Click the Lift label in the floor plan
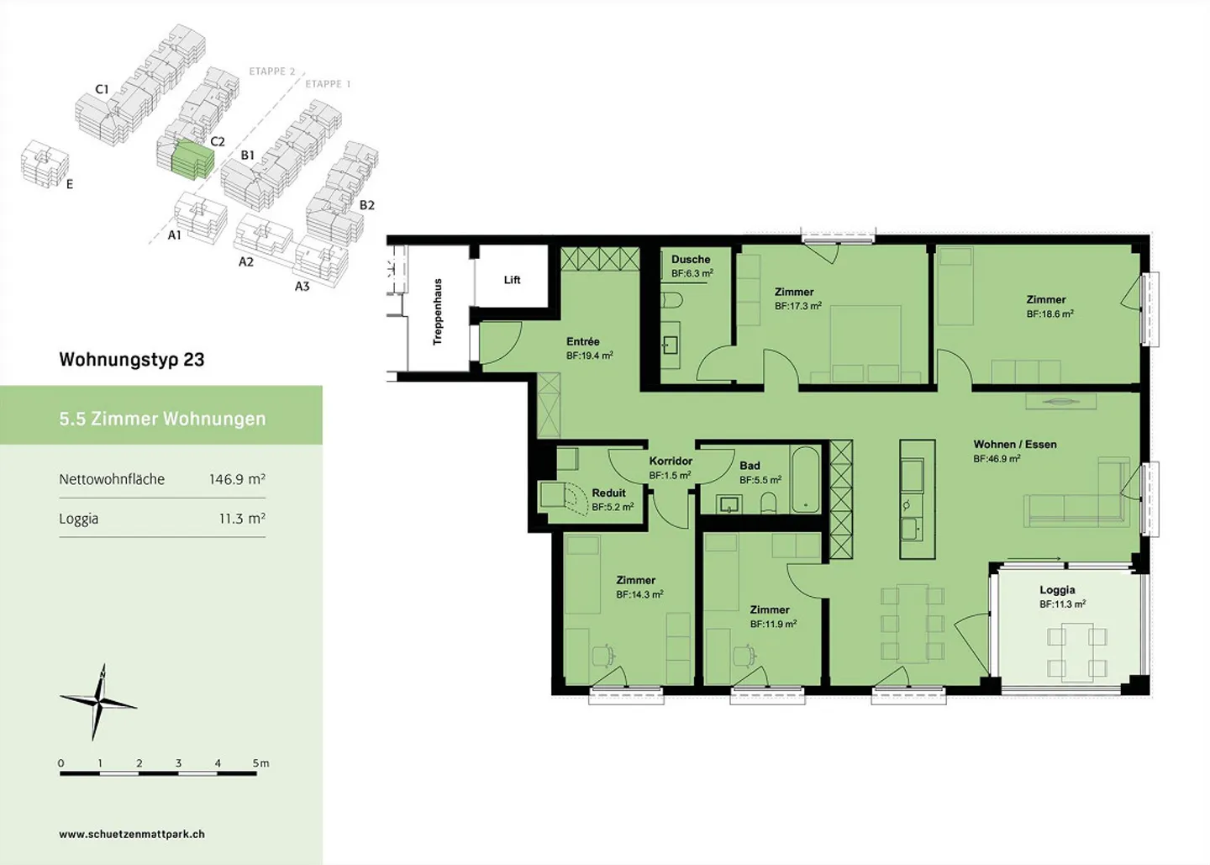[x=512, y=280]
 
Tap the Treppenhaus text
[x=438, y=312]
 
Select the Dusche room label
[x=691, y=260]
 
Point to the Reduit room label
[x=608, y=493]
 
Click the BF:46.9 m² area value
[x=997, y=459]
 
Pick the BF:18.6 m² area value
[x=1050, y=314]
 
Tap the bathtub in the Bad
[x=805, y=479]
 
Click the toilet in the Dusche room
[x=672, y=300]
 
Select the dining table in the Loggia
[x=1077, y=652]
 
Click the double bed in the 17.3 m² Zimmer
[x=865, y=344]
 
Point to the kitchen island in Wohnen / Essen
[x=918, y=499]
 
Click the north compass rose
[x=98, y=702]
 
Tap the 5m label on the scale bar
[x=260, y=763]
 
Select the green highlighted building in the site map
[x=192, y=159]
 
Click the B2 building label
[x=366, y=205]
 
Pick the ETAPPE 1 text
[x=328, y=84]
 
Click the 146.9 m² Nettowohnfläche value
[x=237, y=478]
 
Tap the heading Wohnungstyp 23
[x=132, y=360]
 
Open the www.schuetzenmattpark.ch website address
[x=132, y=834]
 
